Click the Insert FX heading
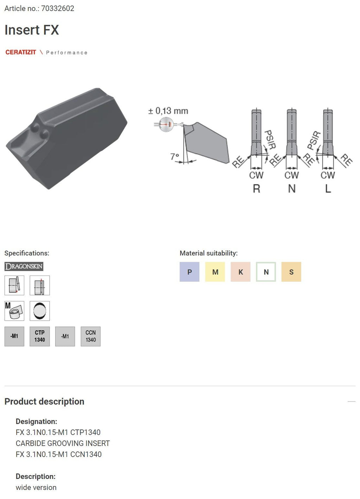[x=32, y=30]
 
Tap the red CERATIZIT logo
[x=21, y=52]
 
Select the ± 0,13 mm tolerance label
[x=168, y=111]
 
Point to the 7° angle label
[x=174, y=156]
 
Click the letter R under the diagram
[x=256, y=189]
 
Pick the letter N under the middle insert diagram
[x=291, y=189]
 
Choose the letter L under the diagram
[x=328, y=189]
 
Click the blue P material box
[x=189, y=272]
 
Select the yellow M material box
[x=215, y=272]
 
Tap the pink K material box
[x=240, y=272]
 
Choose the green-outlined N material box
[x=266, y=272]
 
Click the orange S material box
[x=291, y=272]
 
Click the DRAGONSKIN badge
[x=24, y=266]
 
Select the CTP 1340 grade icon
[x=40, y=336]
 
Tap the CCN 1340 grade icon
[x=90, y=336]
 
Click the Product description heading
[x=44, y=402]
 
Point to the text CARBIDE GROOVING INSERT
[x=63, y=443]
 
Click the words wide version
[x=36, y=487]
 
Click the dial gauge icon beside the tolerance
[x=166, y=124]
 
